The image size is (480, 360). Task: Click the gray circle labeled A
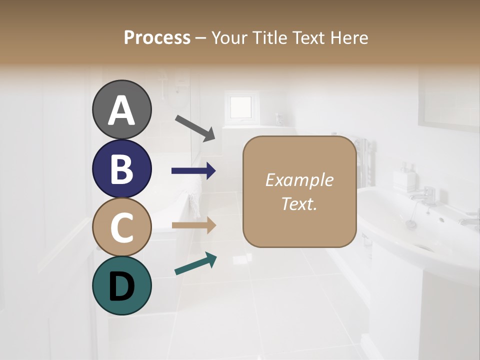121,109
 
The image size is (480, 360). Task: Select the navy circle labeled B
121,168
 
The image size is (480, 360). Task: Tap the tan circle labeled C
121,227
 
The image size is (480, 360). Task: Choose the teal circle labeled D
121,285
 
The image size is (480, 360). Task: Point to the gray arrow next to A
195,127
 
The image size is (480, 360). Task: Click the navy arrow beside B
193,171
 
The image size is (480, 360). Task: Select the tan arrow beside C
193,225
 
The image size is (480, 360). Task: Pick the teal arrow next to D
195,263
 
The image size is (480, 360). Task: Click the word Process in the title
157,37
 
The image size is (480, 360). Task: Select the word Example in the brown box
299,180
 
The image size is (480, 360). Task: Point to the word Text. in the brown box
299,203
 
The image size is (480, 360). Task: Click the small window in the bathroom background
240,106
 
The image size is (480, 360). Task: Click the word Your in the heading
228,37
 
